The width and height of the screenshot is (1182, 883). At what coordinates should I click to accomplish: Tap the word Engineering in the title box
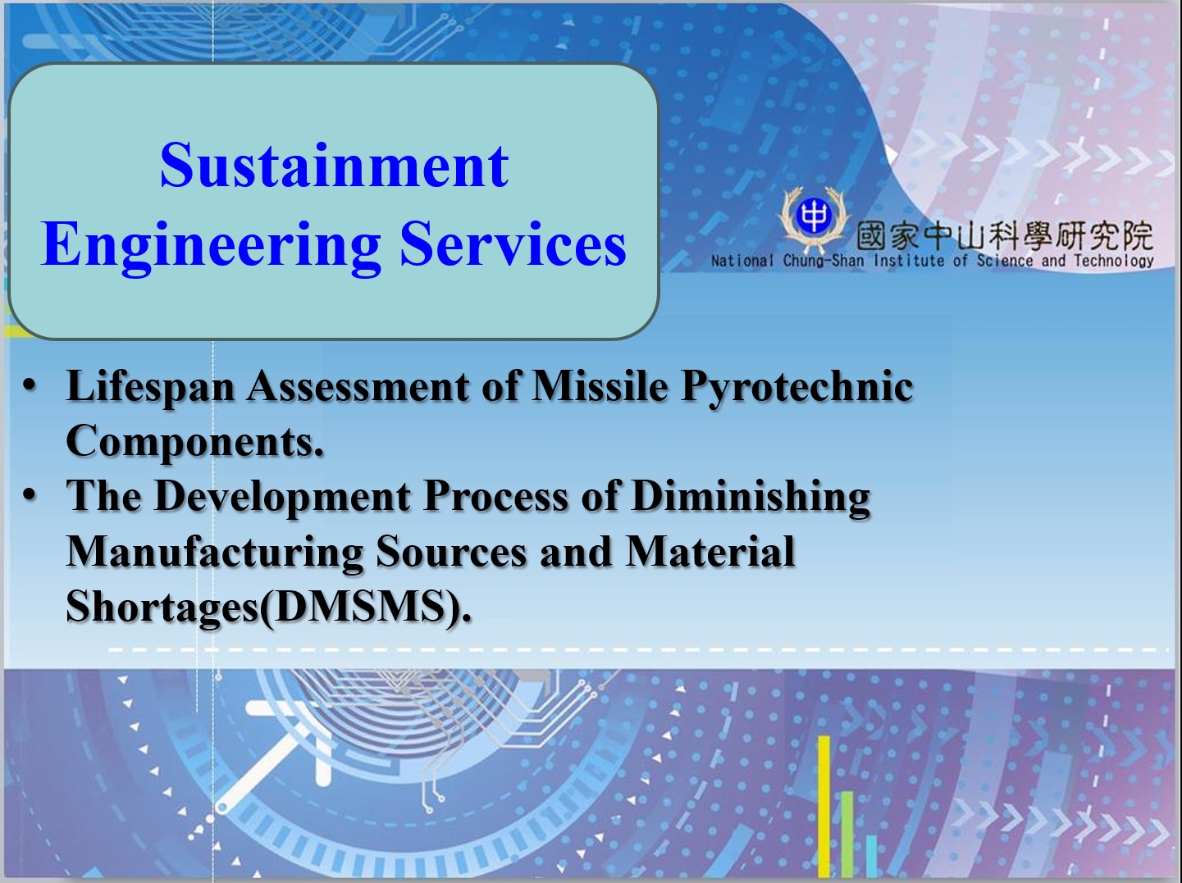pos(211,246)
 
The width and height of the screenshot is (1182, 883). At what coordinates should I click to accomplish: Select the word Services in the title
pos(513,244)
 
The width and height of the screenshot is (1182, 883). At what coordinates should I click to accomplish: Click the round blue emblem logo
pos(814,216)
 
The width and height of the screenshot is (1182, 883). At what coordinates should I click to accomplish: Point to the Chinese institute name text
pos(1004,235)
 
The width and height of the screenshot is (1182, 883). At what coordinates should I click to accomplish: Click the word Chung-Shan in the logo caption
pos(824,261)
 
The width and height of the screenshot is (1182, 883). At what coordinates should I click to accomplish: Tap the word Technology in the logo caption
pos(1114,261)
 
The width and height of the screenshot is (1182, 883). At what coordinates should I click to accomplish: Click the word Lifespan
pos(150,387)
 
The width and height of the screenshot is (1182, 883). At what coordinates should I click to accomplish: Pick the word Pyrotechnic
pos(797,387)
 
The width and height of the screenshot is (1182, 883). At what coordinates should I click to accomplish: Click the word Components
pos(194,442)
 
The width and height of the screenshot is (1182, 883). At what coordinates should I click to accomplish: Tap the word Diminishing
pos(750,497)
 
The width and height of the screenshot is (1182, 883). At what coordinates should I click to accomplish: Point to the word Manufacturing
pos(214,553)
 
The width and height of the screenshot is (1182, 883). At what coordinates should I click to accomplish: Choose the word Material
pos(710,552)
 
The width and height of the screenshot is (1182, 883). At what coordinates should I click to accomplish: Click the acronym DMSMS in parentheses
pos(358,608)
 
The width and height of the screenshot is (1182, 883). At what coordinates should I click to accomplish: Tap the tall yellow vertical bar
pos(824,806)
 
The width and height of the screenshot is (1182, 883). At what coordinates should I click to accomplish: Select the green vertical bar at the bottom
pos(847,834)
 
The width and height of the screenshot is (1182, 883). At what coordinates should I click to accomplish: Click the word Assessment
pos(358,386)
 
